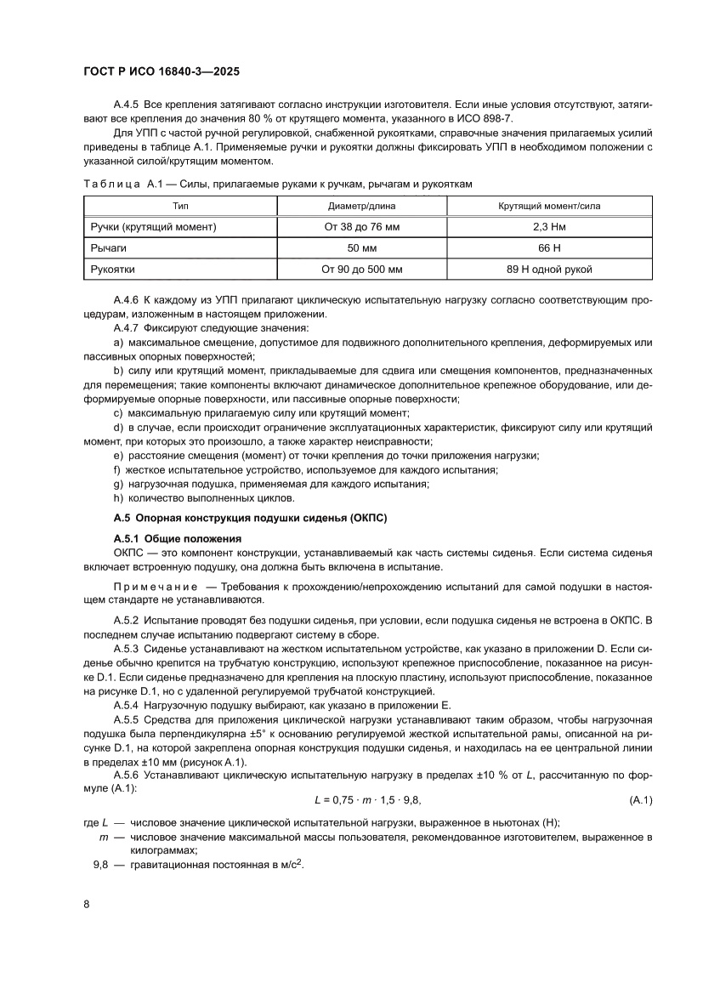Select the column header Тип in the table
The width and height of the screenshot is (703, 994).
(180, 206)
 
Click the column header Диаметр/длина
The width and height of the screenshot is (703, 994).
(361, 206)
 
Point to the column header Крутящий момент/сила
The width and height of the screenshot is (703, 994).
(549, 206)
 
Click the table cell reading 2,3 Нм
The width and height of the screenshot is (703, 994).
(549, 227)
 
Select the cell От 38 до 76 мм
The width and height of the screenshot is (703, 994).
(361, 227)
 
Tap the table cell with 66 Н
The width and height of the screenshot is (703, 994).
(549, 248)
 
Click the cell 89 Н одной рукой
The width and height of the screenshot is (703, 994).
(549, 270)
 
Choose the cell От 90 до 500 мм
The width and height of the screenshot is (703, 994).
(361, 270)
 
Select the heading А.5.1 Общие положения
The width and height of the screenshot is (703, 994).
(178, 538)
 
